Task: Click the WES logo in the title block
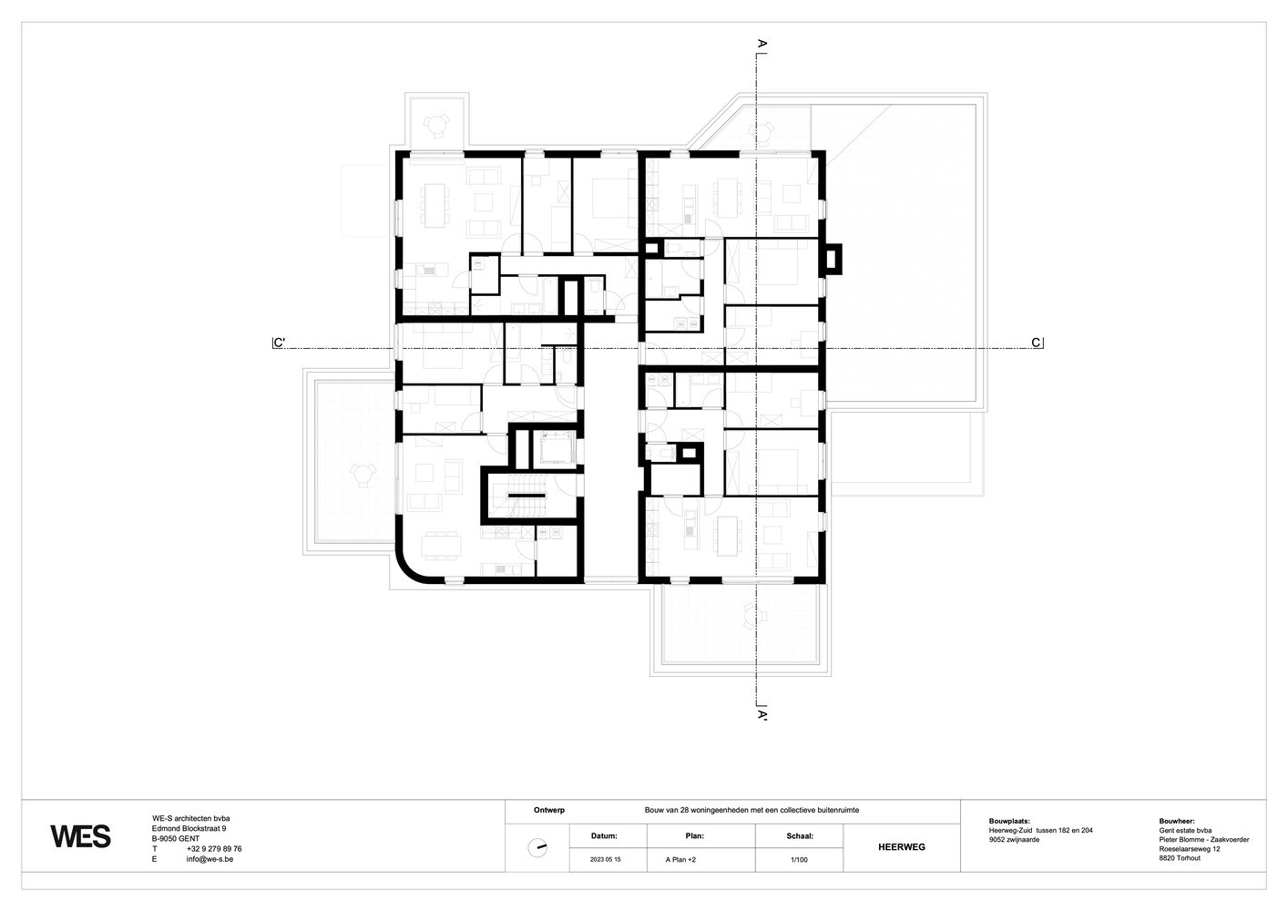tap(80, 836)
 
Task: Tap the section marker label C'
tap(280, 343)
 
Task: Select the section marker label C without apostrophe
tap(1036, 343)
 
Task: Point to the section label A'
tap(762, 715)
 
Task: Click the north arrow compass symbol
tap(537, 848)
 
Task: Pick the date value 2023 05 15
tap(606, 860)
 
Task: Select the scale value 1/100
tap(799, 860)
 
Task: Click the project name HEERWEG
tap(902, 847)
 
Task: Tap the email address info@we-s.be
tap(210, 859)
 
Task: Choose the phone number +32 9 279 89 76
tap(214, 849)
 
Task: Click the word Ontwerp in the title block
tap(549, 810)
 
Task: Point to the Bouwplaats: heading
tap(1009, 822)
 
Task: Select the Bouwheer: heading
tap(1177, 822)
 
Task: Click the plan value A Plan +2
tap(680, 860)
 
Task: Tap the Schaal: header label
tap(800, 836)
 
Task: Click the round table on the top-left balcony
tap(436, 123)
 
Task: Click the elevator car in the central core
tap(555, 449)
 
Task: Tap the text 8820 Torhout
tap(1180, 858)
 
